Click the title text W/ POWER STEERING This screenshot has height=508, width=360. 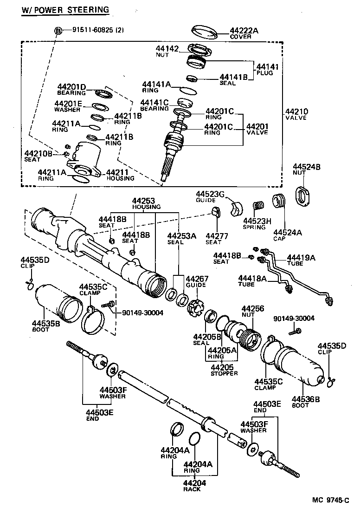(65, 9)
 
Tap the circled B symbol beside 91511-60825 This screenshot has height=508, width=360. (58, 31)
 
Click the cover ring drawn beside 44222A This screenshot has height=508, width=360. (205, 33)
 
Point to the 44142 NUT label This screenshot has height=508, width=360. (167, 51)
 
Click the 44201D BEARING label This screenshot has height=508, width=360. (71, 89)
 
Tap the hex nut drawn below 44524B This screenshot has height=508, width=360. (303, 195)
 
